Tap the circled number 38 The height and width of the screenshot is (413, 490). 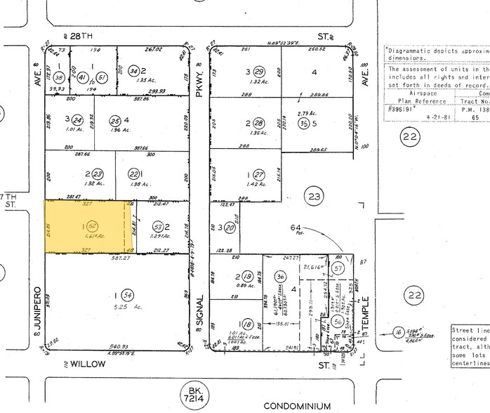(60, 77)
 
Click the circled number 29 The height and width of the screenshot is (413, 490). (259, 72)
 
